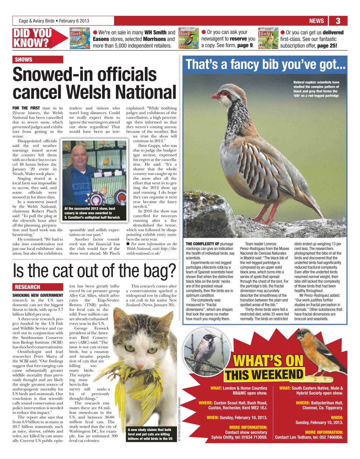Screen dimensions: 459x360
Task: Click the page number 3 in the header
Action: tap(338, 21)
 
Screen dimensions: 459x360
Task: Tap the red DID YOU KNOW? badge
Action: tap(32, 38)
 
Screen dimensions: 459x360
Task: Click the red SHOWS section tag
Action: tap(24, 60)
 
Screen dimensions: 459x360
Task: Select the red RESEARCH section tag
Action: tap(28, 287)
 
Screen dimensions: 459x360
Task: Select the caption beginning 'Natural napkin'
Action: tap(316, 89)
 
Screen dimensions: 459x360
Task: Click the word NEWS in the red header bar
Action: tap(316, 21)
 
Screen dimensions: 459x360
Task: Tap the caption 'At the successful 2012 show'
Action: tap(92, 213)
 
